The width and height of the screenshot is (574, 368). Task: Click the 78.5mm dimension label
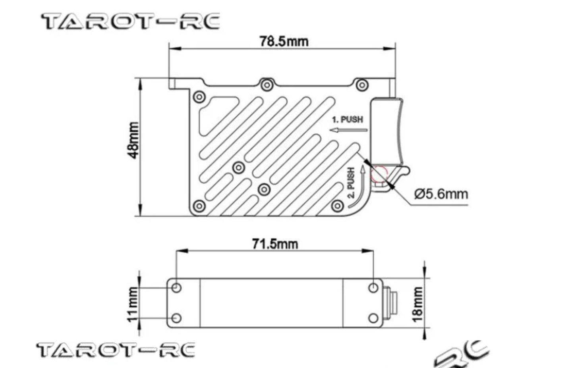[284, 41]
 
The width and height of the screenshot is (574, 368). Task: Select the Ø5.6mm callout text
[441, 194]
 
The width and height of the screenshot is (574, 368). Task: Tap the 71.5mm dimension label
[275, 244]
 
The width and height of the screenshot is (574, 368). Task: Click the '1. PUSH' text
[347, 119]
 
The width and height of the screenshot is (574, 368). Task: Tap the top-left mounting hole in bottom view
[176, 287]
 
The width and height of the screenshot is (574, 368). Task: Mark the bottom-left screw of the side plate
[199, 206]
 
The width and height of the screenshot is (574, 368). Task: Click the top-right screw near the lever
[361, 85]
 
